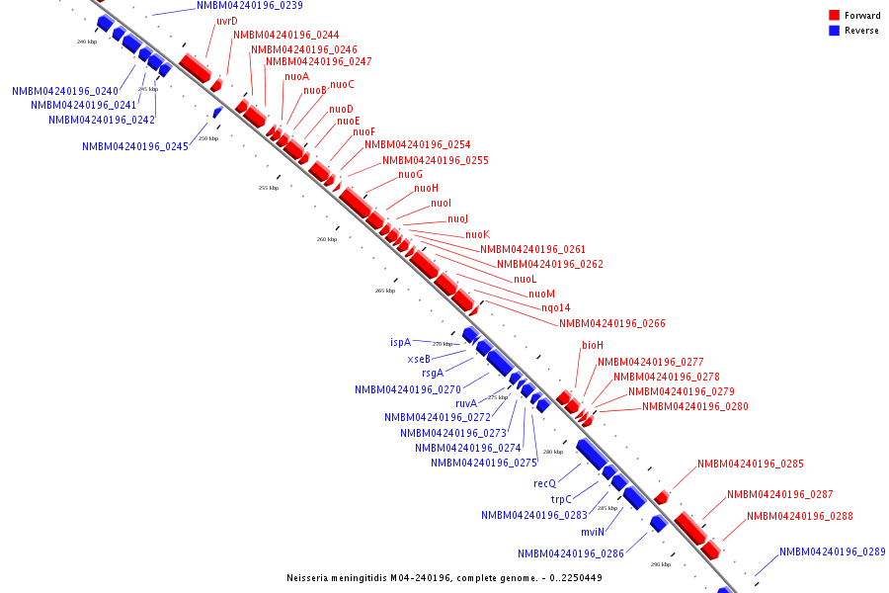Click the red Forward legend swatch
(x=835, y=16)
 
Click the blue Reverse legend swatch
(x=835, y=31)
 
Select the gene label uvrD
(x=226, y=22)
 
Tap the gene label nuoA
(x=296, y=77)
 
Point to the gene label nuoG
(x=410, y=175)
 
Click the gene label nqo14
(x=555, y=308)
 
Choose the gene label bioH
(x=592, y=346)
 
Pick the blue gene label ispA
(x=400, y=342)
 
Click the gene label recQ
(x=544, y=484)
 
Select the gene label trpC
(x=562, y=500)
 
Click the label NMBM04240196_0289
(x=832, y=552)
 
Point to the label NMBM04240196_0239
(x=249, y=6)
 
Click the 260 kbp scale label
(x=326, y=239)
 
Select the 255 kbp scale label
(x=269, y=188)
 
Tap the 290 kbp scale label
(x=661, y=564)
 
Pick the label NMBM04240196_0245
(x=134, y=147)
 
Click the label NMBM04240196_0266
(x=611, y=324)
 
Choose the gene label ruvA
(x=466, y=403)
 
